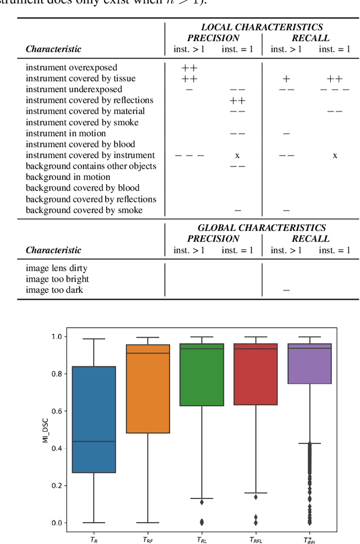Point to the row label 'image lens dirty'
(x=57, y=268)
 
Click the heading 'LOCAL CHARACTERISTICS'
(x=262, y=27)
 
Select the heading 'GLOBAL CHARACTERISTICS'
(x=262, y=228)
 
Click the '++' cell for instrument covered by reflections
(x=237, y=101)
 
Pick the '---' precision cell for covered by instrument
(x=190, y=156)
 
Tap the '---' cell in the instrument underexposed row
(x=335, y=90)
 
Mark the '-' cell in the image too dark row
(x=286, y=291)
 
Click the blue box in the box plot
(x=94, y=419)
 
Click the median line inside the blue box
(x=94, y=441)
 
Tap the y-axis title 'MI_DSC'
(x=46, y=429)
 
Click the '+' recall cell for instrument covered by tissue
(x=286, y=79)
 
